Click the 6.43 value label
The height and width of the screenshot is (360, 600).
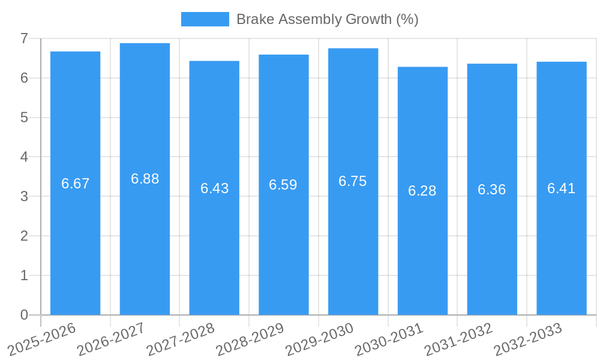(x=214, y=188)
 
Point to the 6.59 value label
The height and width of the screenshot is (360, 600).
(x=283, y=185)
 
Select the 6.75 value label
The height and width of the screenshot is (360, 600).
(x=353, y=182)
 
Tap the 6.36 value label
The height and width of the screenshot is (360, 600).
(x=492, y=190)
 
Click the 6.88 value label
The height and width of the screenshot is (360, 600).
(x=145, y=179)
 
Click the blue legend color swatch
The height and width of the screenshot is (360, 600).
(x=205, y=19)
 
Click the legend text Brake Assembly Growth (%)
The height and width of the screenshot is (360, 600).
(x=327, y=19)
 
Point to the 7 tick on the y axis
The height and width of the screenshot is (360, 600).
(x=24, y=38)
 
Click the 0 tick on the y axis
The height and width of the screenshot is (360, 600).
(x=24, y=315)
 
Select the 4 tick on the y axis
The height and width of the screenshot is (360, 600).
(x=24, y=157)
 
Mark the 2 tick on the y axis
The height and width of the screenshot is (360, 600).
(x=24, y=236)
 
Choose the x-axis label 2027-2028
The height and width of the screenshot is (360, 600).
(x=181, y=339)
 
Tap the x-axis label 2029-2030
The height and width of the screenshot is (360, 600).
(x=319, y=339)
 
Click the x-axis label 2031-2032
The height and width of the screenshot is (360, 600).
(x=458, y=339)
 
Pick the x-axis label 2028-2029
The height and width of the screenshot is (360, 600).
(x=250, y=339)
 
